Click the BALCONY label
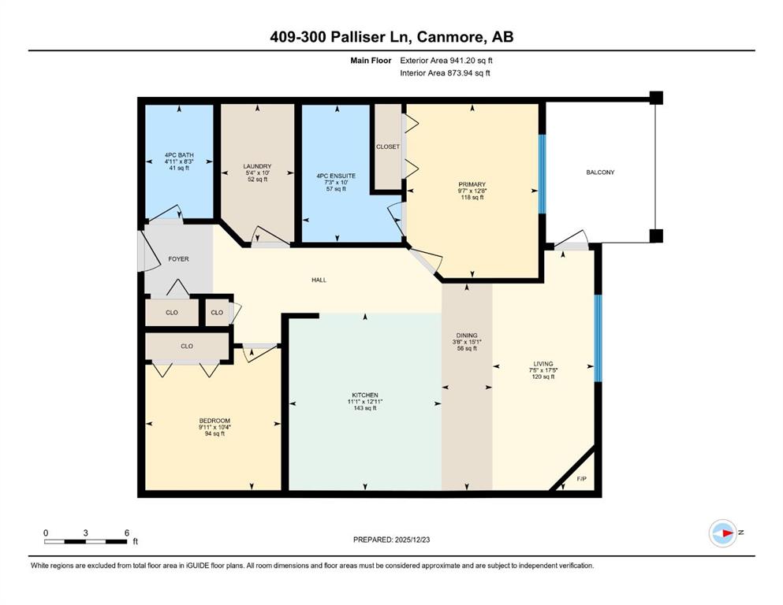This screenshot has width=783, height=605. tap(600, 172)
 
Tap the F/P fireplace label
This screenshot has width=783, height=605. tap(582, 479)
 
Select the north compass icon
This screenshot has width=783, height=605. tap(723, 533)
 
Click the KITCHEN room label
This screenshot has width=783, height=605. tap(365, 395)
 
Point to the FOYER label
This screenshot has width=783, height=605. tap(178, 259)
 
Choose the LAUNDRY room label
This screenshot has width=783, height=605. tap(257, 166)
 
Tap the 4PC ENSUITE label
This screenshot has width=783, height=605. tap(336, 176)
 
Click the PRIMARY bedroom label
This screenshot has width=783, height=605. tap(472, 184)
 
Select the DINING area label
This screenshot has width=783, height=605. tap(467, 336)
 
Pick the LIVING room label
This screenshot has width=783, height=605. tap(543, 364)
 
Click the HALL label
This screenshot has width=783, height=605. tap(319, 280)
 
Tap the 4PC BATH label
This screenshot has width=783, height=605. tap(179, 155)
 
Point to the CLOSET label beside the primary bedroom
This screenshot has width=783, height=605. tap(388, 147)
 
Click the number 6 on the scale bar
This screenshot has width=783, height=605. tap(127, 533)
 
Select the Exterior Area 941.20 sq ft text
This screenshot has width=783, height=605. tap(446, 61)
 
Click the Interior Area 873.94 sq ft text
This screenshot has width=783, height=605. tap(445, 72)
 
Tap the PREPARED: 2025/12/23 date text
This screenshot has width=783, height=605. tap(391, 540)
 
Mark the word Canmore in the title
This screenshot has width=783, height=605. tap(450, 37)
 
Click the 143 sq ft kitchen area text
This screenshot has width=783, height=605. tap(365, 408)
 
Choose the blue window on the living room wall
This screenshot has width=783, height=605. tap(597, 338)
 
